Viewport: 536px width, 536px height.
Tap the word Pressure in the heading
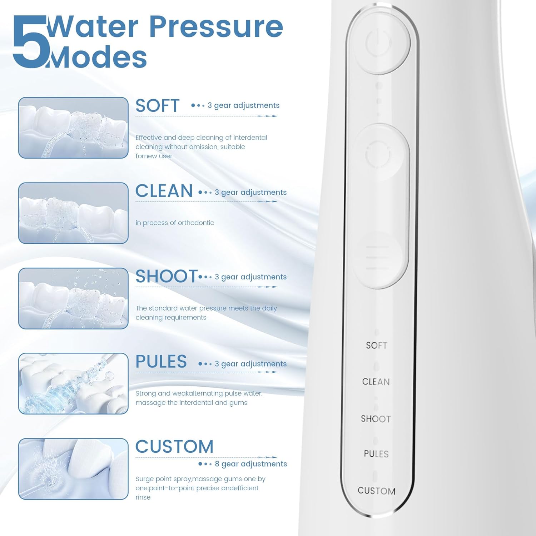(216, 27)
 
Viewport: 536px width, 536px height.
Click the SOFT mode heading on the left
(157, 106)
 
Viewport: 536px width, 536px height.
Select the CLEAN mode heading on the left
(164, 191)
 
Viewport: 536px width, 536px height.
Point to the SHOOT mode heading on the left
(166, 276)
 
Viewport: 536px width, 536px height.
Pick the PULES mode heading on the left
(161, 362)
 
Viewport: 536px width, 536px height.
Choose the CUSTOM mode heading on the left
(174, 447)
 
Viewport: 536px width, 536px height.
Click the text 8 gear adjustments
(250, 464)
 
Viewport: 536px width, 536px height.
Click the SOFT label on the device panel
(377, 346)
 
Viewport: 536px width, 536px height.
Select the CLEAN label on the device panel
(376, 382)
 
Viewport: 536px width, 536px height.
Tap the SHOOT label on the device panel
(376, 419)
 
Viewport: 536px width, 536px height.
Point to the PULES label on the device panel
(376, 454)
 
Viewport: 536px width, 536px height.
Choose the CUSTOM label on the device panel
(377, 491)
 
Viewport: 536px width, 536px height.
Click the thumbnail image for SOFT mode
(73, 128)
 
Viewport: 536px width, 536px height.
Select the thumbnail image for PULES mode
(73, 383)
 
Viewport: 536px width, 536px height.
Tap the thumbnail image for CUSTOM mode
(73, 469)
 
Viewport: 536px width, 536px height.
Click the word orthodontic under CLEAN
(196, 223)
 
